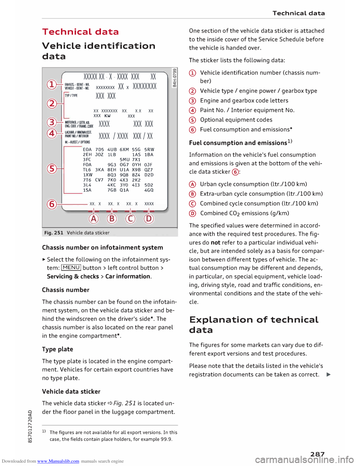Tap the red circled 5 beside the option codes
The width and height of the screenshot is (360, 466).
click(x=52, y=169)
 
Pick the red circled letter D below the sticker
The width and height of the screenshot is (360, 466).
click(x=149, y=219)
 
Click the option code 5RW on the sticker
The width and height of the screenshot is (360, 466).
click(x=149, y=149)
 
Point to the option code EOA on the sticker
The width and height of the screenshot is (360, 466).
click(x=87, y=149)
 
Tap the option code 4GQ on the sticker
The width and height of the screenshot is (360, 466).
click(x=149, y=190)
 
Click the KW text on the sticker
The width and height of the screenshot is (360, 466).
click(x=108, y=116)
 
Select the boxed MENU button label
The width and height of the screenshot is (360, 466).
click(x=71, y=268)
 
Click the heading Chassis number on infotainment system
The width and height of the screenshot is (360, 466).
click(x=102, y=248)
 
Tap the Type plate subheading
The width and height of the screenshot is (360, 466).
click(x=57, y=349)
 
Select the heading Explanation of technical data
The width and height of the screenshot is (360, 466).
click(x=254, y=325)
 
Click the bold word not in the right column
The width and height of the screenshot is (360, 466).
click(x=215, y=242)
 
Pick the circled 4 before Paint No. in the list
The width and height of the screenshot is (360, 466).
click(x=192, y=110)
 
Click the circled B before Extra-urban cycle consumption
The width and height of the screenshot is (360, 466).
click(x=192, y=194)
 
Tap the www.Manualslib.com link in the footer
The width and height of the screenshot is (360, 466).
click(x=58, y=461)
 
